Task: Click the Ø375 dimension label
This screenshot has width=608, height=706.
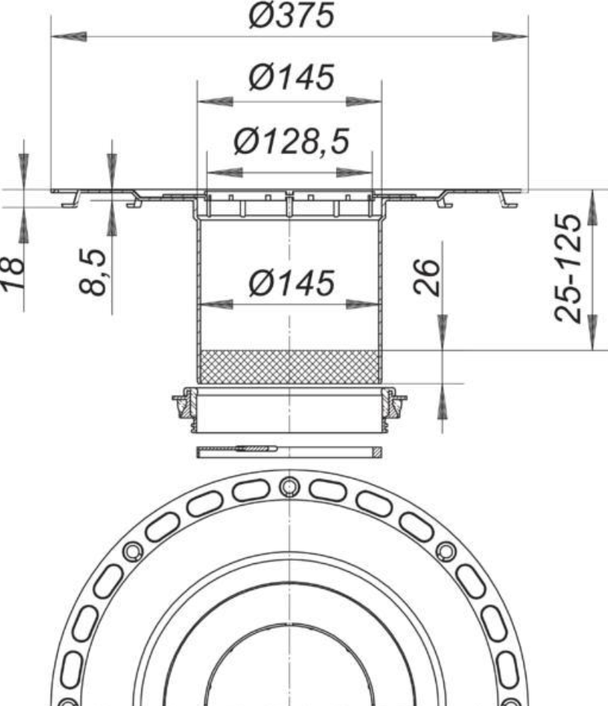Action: (292, 15)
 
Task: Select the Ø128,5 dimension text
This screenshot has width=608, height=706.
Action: (292, 141)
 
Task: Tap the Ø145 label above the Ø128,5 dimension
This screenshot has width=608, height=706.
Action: (292, 77)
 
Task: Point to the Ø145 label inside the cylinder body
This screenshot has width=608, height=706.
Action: (292, 283)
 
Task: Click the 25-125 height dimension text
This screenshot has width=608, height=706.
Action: (568, 268)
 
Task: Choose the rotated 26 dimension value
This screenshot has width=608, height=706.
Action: (426, 277)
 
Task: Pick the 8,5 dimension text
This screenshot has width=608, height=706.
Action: (93, 271)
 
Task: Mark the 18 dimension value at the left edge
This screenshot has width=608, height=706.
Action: (12, 273)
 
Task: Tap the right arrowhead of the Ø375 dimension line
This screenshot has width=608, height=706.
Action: (510, 37)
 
